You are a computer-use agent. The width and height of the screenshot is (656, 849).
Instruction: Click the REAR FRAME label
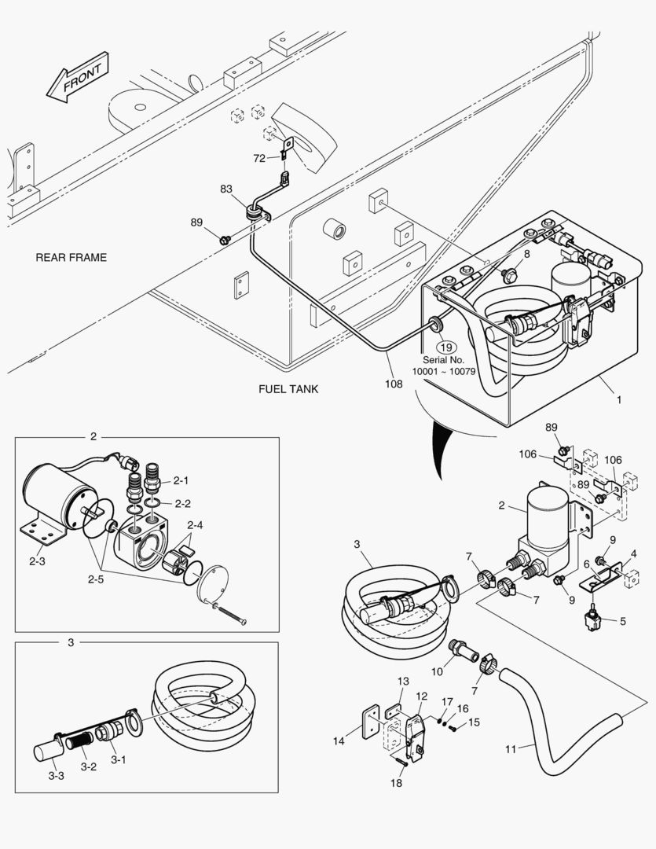click(x=71, y=258)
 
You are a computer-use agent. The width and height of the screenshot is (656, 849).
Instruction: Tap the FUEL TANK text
click(x=288, y=389)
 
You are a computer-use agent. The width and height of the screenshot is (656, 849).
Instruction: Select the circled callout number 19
click(x=445, y=347)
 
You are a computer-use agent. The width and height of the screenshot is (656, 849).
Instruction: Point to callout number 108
click(x=394, y=384)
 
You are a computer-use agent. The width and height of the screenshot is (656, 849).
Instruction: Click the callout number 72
click(x=259, y=159)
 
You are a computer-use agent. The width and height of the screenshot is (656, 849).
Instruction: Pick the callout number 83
click(x=226, y=189)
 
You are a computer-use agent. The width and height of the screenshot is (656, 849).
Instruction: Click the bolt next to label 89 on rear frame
click(x=225, y=237)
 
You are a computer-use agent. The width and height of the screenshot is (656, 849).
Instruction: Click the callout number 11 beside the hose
click(x=511, y=749)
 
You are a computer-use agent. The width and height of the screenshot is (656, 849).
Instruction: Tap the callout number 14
click(x=339, y=741)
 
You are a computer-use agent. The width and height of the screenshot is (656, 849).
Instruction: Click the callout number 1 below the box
click(x=618, y=400)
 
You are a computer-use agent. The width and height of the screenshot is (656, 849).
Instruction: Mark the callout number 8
click(x=526, y=254)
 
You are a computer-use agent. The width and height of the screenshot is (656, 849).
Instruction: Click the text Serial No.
click(x=445, y=360)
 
